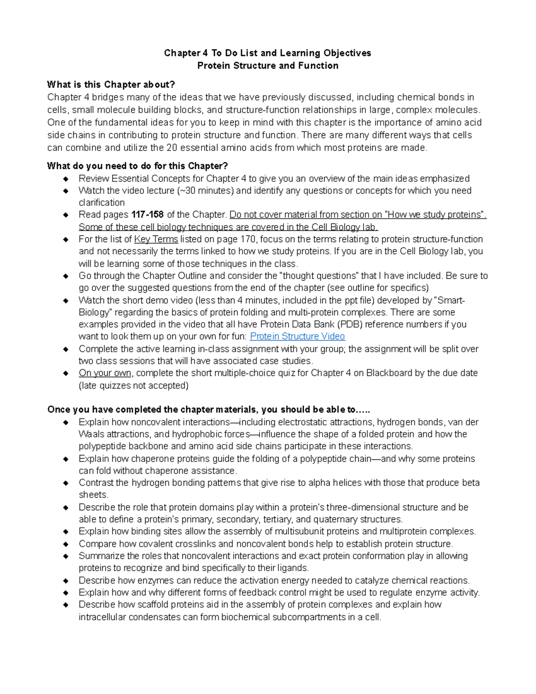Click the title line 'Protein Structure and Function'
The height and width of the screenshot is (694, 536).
(x=268, y=66)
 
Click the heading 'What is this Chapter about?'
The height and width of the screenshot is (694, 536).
(x=111, y=84)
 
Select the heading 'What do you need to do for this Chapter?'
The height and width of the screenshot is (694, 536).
(x=138, y=166)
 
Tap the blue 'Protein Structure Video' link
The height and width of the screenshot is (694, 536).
(x=297, y=336)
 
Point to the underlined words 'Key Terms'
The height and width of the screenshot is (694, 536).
(x=156, y=239)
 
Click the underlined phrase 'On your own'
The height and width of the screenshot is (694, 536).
(x=105, y=373)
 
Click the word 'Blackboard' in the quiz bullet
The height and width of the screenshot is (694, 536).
(x=389, y=373)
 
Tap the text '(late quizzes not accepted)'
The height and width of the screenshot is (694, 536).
(x=134, y=385)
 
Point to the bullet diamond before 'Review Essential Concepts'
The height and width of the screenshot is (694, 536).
(x=66, y=179)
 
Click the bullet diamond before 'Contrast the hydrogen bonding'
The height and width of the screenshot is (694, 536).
(x=66, y=483)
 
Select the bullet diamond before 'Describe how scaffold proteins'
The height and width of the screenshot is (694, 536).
(x=66, y=605)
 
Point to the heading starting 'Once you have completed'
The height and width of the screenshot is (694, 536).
(x=209, y=410)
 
